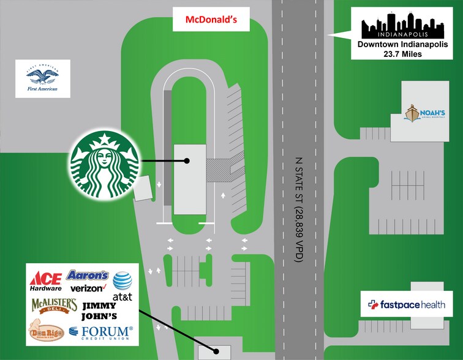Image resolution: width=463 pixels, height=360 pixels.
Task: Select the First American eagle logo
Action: (x=41, y=79)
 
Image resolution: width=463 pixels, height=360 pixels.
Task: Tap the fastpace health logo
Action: (x=402, y=304)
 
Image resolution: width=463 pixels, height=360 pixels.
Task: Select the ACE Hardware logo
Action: (x=46, y=281)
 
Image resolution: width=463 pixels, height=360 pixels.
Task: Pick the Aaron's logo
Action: (x=88, y=276)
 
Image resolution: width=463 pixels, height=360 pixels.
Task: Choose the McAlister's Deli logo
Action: (x=54, y=306)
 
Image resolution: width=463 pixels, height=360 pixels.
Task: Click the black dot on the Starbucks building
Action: (x=187, y=161)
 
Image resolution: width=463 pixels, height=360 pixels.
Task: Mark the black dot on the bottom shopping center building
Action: (x=216, y=351)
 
